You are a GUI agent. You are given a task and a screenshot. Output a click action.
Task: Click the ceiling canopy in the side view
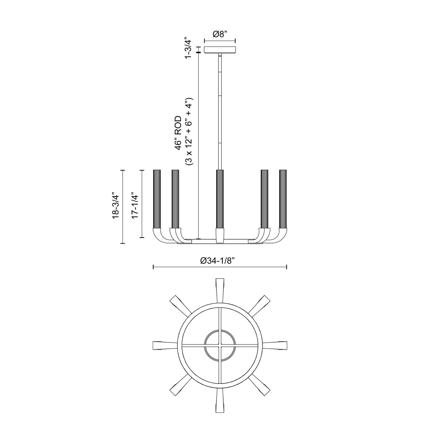coord(220,50)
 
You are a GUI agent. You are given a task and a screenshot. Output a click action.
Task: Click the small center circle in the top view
coord(220,345)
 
